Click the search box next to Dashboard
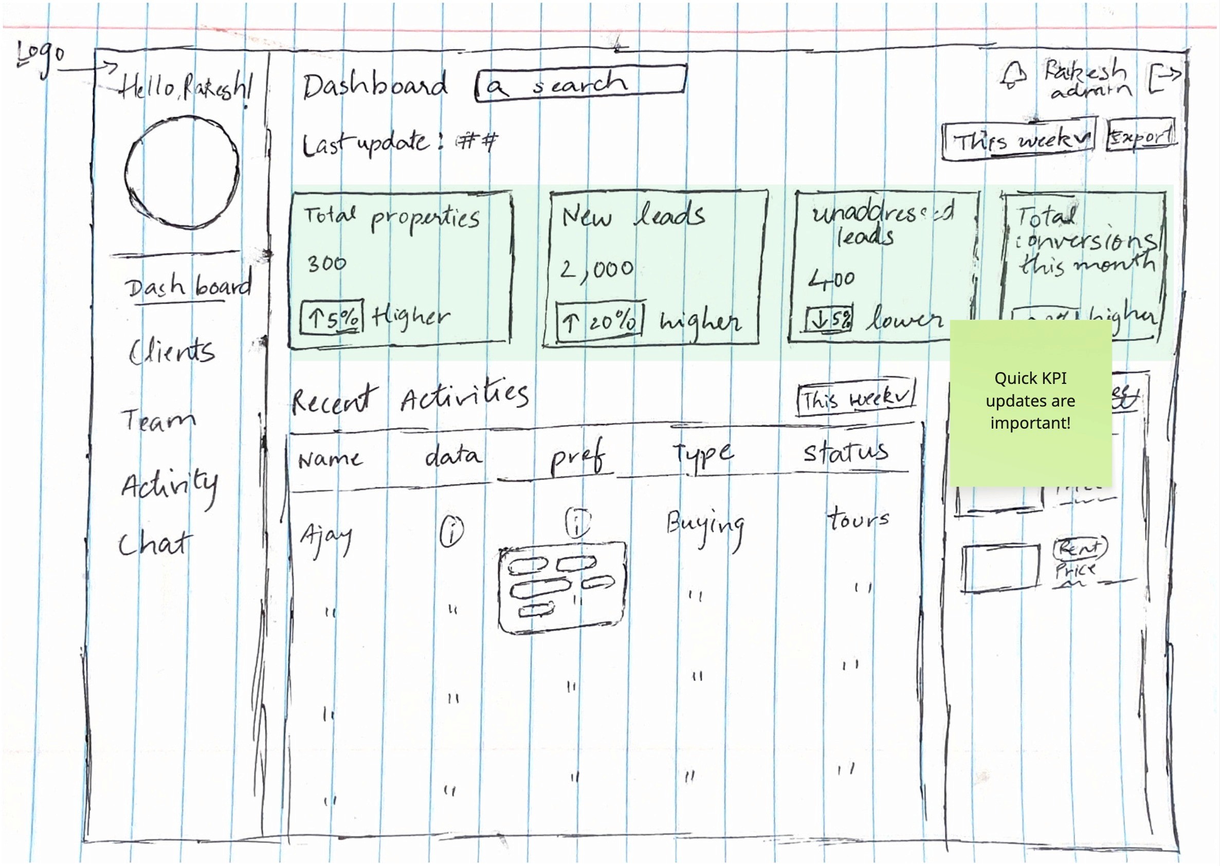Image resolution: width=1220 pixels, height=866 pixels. click(580, 83)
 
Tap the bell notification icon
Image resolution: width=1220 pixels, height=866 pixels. click(1013, 76)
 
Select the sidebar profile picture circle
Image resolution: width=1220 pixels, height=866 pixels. click(182, 173)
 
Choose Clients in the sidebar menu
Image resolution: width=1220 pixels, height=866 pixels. click(172, 352)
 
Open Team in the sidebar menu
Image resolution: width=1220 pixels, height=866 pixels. click(159, 420)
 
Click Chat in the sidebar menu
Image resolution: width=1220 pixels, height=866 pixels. click(154, 544)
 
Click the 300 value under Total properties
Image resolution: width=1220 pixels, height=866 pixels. click(326, 264)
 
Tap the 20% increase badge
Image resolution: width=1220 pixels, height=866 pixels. click(599, 322)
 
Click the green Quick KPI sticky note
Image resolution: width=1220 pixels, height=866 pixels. click(1030, 402)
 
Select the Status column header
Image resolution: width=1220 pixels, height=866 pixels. click(846, 452)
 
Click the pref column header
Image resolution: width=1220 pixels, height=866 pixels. click(577, 457)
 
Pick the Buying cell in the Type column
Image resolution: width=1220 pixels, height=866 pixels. click(705, 526)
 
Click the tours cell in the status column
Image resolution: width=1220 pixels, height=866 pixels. click(858, 520)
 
